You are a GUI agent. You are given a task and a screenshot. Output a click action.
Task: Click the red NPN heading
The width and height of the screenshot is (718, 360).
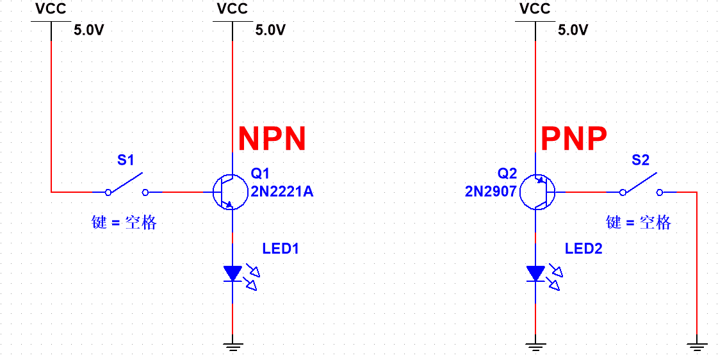point(272,138)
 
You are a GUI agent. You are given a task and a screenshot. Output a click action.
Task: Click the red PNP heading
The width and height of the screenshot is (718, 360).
point(573,138)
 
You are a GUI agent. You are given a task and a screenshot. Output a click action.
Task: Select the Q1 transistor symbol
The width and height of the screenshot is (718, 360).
point(231,192)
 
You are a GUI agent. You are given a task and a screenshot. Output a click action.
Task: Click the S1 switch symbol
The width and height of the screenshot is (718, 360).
point(127,186)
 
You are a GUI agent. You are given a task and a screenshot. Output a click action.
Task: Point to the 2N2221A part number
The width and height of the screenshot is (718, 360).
point(282,191)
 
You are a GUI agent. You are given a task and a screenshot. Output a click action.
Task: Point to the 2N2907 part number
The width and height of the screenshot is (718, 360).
point(491,191)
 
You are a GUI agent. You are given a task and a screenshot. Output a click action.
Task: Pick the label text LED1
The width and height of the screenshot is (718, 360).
point(281,249)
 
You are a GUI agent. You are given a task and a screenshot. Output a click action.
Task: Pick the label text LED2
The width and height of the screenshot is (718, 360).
point(583,249)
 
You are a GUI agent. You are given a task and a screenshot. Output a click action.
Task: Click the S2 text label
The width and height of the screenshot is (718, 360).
point(640,160)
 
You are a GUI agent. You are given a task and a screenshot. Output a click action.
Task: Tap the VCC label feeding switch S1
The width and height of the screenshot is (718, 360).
point(51,9)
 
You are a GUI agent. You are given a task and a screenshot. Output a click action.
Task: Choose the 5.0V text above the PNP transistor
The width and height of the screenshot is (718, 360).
point(573,30)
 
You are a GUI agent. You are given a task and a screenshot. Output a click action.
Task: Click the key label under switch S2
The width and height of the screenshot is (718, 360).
point(639,222)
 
